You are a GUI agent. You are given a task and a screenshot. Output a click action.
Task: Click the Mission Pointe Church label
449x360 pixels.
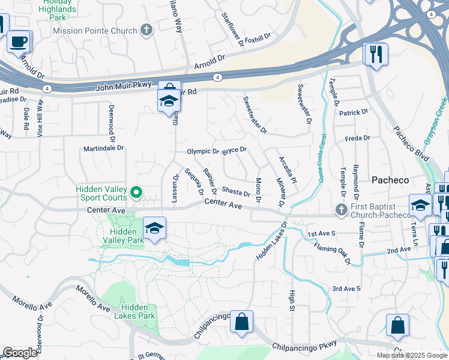95,30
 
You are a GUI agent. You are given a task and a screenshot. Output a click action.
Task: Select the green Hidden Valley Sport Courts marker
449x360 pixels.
136,193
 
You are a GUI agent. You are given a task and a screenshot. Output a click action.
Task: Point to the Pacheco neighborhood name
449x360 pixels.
390,180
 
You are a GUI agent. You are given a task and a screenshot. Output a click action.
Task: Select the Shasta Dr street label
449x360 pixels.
235,191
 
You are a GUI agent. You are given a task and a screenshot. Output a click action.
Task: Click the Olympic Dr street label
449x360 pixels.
203,152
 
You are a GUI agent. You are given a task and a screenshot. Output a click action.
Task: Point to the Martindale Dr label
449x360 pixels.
103,148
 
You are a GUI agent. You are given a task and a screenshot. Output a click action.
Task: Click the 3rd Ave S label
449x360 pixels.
346,289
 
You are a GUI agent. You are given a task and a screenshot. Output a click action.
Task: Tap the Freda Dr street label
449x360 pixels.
358,138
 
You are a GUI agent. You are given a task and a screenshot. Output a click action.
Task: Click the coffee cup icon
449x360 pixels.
19,42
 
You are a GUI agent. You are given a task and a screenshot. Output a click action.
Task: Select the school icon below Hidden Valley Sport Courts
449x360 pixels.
154,229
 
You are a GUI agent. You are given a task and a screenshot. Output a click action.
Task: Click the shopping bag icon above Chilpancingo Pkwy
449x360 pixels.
241,322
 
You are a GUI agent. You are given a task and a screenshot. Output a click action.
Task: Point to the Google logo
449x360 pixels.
20,353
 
